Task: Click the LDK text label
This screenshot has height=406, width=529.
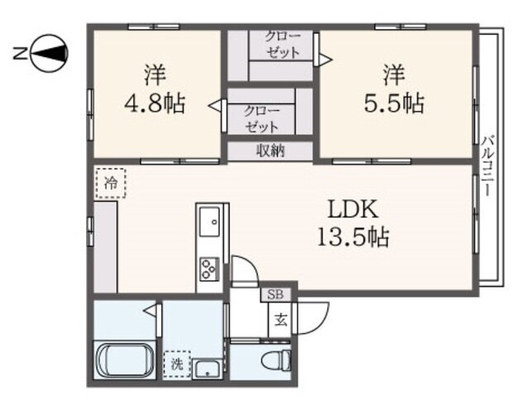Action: click(x=353, y=209)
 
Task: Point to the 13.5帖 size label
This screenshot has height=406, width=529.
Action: click(x=353, y=236)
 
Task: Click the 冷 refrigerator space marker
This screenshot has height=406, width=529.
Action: click(x=111, y=184)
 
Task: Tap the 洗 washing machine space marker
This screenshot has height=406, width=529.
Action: click(x=177, y=364)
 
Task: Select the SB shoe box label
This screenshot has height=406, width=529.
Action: click(x=275, y=294)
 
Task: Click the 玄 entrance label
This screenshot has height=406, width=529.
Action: click(x=280, y=319)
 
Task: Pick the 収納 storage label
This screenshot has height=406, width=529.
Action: click(x=271, y=150)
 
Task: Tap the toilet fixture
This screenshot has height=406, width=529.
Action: click(x=275, y=361)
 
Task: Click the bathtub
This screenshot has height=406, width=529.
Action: click(x=124, y=361)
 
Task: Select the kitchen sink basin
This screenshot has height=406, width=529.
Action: click(x=209, y=222)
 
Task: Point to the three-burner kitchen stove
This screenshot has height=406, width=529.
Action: click(x=209, y=269)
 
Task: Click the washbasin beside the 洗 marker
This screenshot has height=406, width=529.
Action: click(x=208, y=370)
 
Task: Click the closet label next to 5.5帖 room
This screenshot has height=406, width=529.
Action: click(x=282, y=45)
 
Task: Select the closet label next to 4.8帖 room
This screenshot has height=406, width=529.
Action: click(x=262, y=119)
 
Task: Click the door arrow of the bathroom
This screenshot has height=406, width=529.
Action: click(x=150, y=309)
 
